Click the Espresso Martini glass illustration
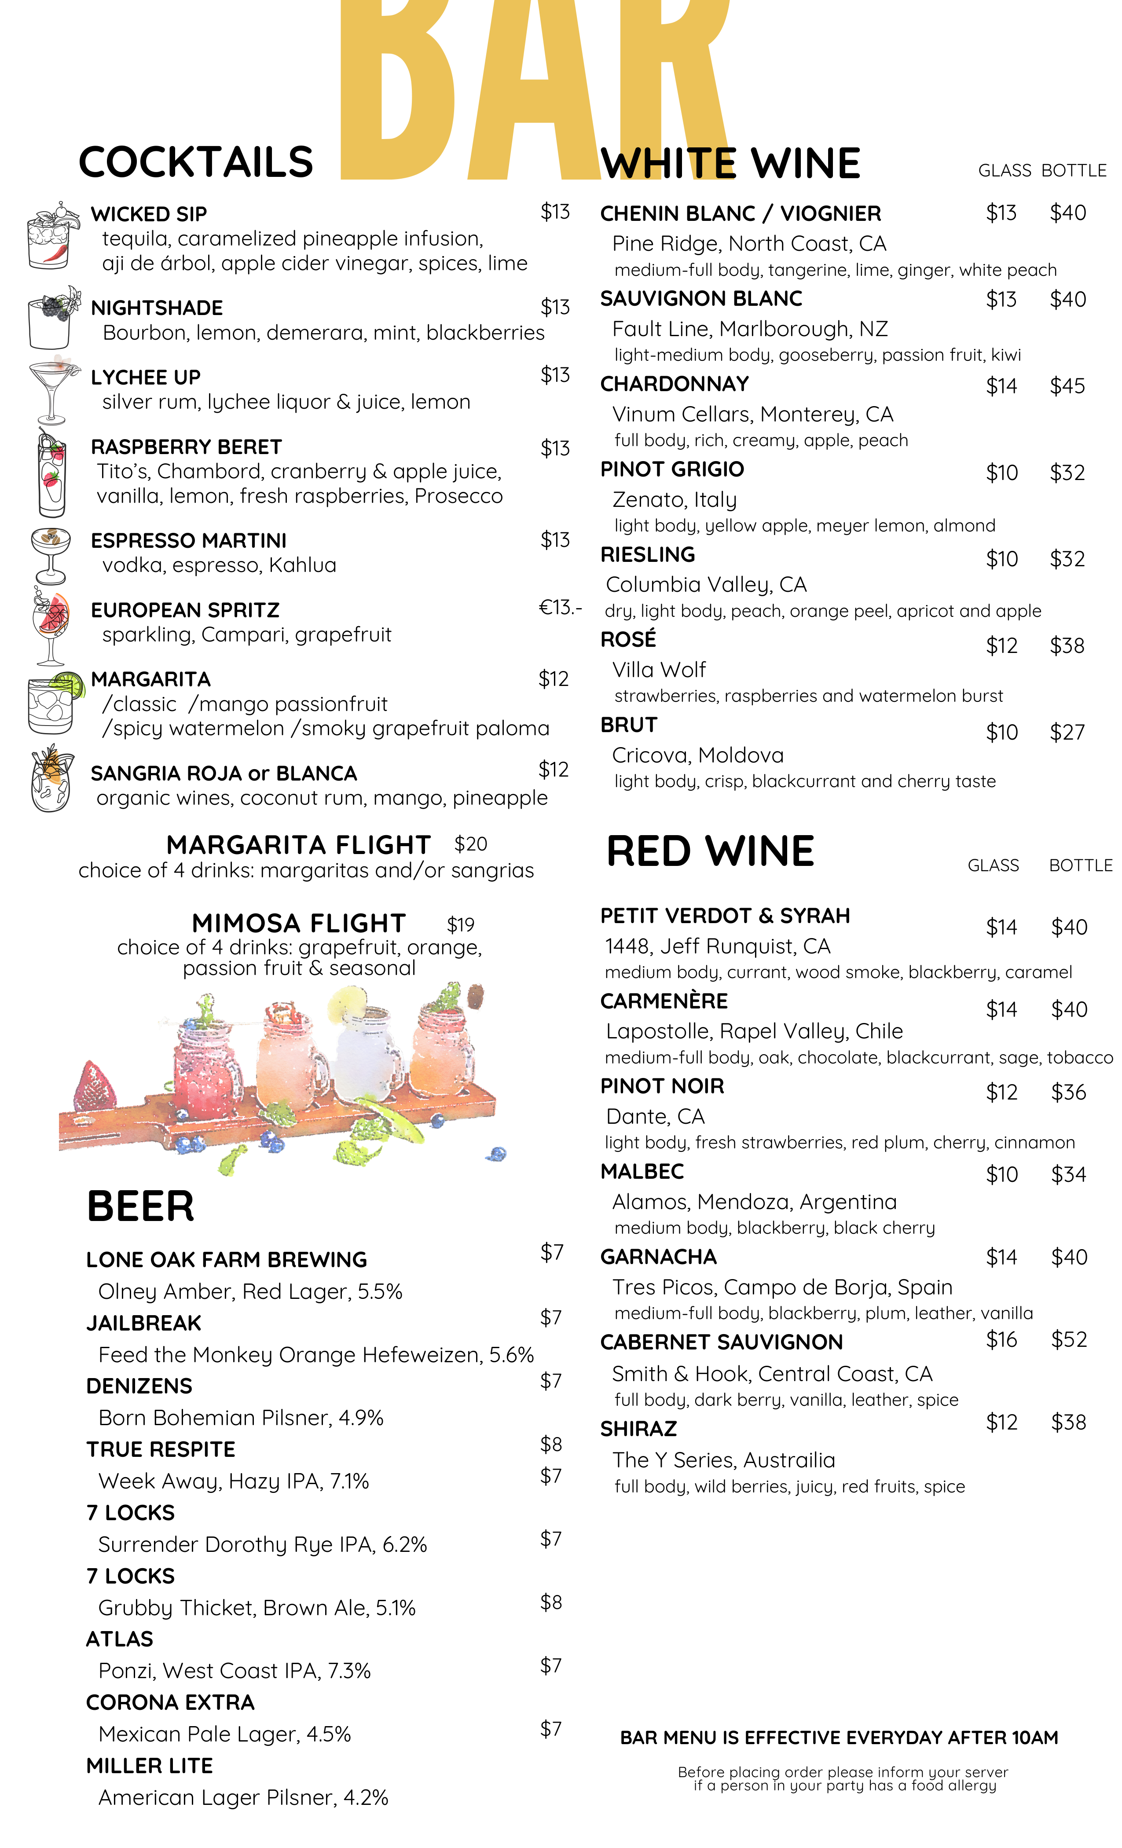[x=50, y=555]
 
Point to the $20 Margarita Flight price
[x=470, y=844]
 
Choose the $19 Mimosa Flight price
[x=461, y=924]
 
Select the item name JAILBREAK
[x=143, y=1323]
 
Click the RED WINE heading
[x=709, y=851]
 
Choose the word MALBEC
[x=642, y=1171]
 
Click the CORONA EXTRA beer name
[x=170, y=1702]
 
